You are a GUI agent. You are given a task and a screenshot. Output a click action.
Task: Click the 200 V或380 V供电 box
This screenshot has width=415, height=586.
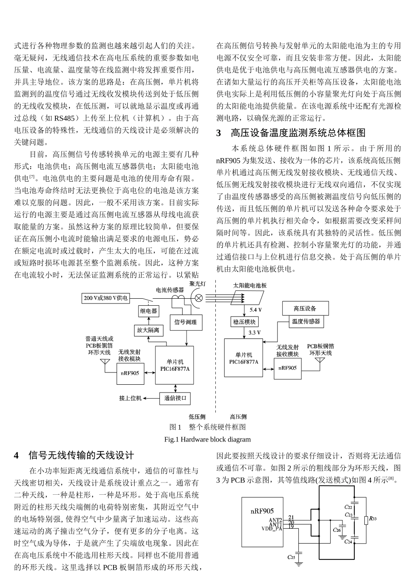[106, 298]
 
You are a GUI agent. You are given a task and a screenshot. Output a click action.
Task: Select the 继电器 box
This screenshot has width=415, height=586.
[148, 311]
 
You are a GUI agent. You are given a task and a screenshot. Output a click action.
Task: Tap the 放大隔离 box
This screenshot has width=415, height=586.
[148, 330]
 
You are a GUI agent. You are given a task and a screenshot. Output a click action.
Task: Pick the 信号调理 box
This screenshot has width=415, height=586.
[185, 322]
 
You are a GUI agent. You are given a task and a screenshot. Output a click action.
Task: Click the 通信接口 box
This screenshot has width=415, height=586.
[175, 398]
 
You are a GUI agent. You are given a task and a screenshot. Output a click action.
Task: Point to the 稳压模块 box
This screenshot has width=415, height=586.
[244, 322]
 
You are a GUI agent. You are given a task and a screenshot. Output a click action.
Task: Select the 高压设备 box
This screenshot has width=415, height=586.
[304, 308]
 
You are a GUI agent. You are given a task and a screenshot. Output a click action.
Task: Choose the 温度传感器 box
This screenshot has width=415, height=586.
[305, 322]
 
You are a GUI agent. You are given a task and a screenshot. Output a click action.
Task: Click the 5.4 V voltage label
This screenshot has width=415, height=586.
[256, 310]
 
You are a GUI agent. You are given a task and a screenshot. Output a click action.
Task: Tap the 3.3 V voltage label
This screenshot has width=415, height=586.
[254, 333]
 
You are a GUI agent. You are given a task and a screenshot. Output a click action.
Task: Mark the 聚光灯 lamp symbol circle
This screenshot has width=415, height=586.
[198, 298]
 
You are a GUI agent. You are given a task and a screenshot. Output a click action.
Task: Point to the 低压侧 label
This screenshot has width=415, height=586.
[197, 417]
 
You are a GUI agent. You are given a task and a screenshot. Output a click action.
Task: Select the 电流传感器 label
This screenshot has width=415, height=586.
[170, 289]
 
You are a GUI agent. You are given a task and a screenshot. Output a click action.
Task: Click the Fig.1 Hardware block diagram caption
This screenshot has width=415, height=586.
[207, 439]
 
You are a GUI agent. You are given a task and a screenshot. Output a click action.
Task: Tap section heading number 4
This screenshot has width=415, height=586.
[17, 456]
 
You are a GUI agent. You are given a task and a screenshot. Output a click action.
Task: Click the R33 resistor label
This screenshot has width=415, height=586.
[372, 519]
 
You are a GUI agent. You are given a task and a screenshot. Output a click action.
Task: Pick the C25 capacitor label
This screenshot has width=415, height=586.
[291, 557]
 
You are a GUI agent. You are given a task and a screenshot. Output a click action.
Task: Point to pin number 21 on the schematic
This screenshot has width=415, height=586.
[291, 517]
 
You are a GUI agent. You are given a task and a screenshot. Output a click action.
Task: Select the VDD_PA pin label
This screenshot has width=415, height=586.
[272, 528]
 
